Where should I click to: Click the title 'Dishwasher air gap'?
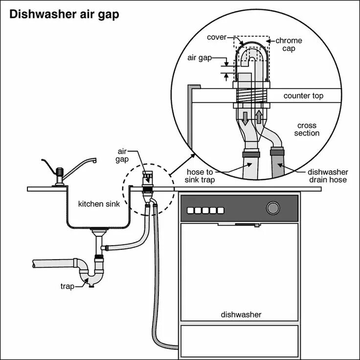tap(64, 14)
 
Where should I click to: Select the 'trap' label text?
tap(67, 286)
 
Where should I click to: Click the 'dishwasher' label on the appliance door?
tap(241, 315)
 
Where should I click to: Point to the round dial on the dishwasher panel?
tap(272, 208)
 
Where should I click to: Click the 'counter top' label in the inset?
tap(303, 96)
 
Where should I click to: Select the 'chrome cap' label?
tap(289, 45)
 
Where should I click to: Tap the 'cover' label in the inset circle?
tap(216, 37)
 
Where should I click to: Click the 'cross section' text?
tap(307, 129)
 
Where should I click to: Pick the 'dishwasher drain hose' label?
tap(328, 176)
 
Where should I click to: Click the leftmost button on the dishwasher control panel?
tap(190, 211)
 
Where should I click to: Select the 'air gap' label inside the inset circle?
tap(198, 57)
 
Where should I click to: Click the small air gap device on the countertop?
tap(146, 179)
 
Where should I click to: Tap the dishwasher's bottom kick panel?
tap(239, 341)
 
